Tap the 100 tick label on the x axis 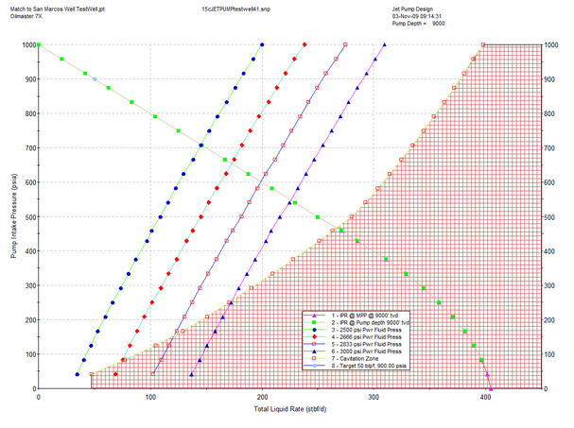pos(150,398)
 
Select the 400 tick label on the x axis pos(485,398)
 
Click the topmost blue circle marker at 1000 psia pos(262,44)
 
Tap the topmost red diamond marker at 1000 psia pos(304,44)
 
